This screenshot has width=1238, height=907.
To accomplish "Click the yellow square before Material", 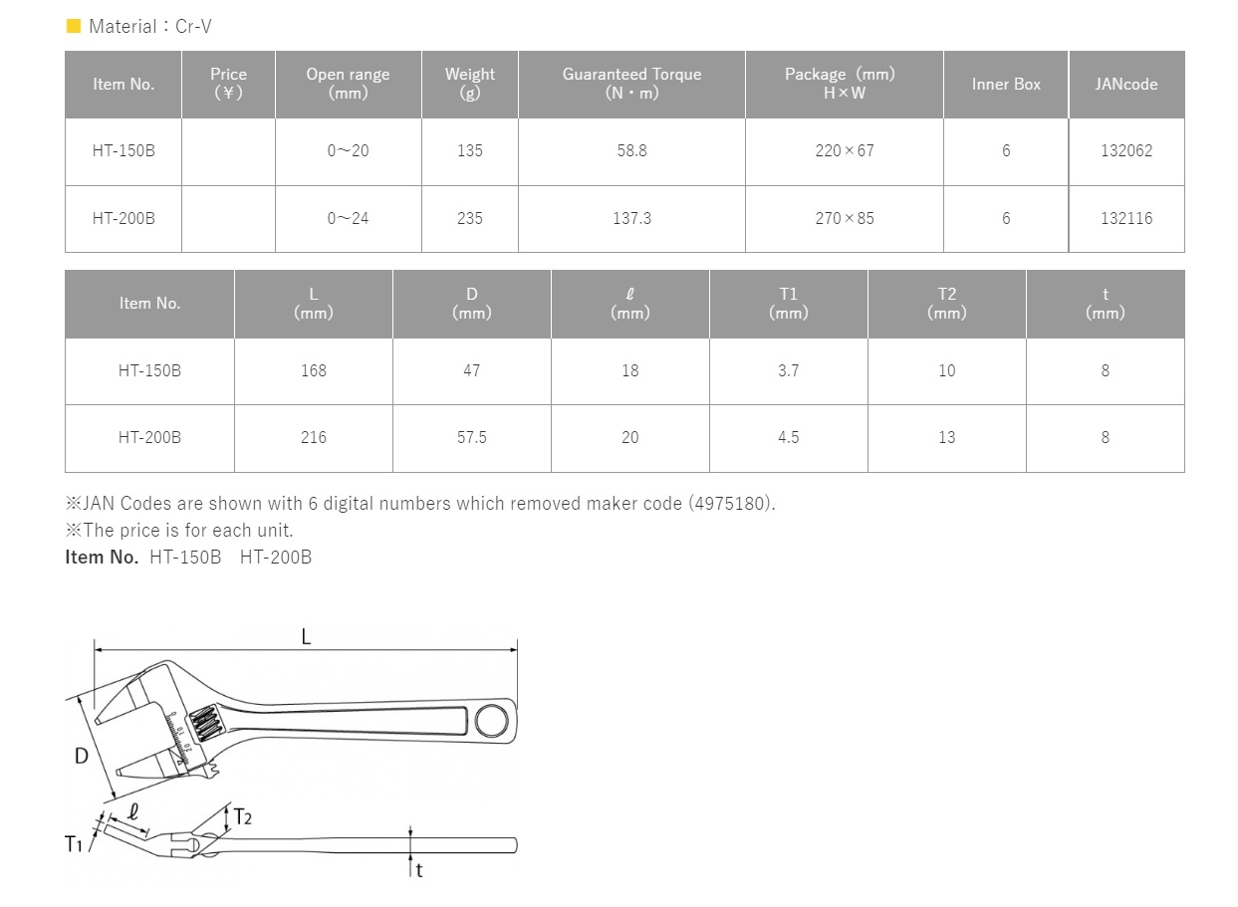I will coord(74,27).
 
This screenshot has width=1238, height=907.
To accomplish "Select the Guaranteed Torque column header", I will coord(631,84).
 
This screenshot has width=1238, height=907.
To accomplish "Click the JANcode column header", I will coord(1126,85).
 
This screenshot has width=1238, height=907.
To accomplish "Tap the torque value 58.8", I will coord(631,151).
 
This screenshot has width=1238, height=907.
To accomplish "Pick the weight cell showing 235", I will coord(469,218).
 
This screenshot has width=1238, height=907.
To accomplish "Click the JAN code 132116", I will coord(1126,218).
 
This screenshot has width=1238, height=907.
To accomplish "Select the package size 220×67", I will coord(844,151).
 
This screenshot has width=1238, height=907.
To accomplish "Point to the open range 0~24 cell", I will coord(348,218).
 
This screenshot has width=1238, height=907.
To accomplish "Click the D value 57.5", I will coord(471,437).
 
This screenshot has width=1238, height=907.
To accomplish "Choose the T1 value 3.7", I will coord(788,370).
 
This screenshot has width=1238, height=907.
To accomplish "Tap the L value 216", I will coord(313,437).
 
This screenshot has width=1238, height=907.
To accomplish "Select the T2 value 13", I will coord(946,437).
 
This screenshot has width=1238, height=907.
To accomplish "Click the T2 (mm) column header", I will coord(946,303).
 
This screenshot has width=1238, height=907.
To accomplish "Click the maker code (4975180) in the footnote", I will coord(730,504).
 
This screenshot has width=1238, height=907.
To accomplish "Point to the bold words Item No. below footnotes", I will coord(102,558).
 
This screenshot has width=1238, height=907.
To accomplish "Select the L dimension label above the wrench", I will coord(306,637).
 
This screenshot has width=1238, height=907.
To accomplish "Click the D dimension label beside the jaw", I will coord(82,757).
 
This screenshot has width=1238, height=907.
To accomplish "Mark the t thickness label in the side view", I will coord(419,871).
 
